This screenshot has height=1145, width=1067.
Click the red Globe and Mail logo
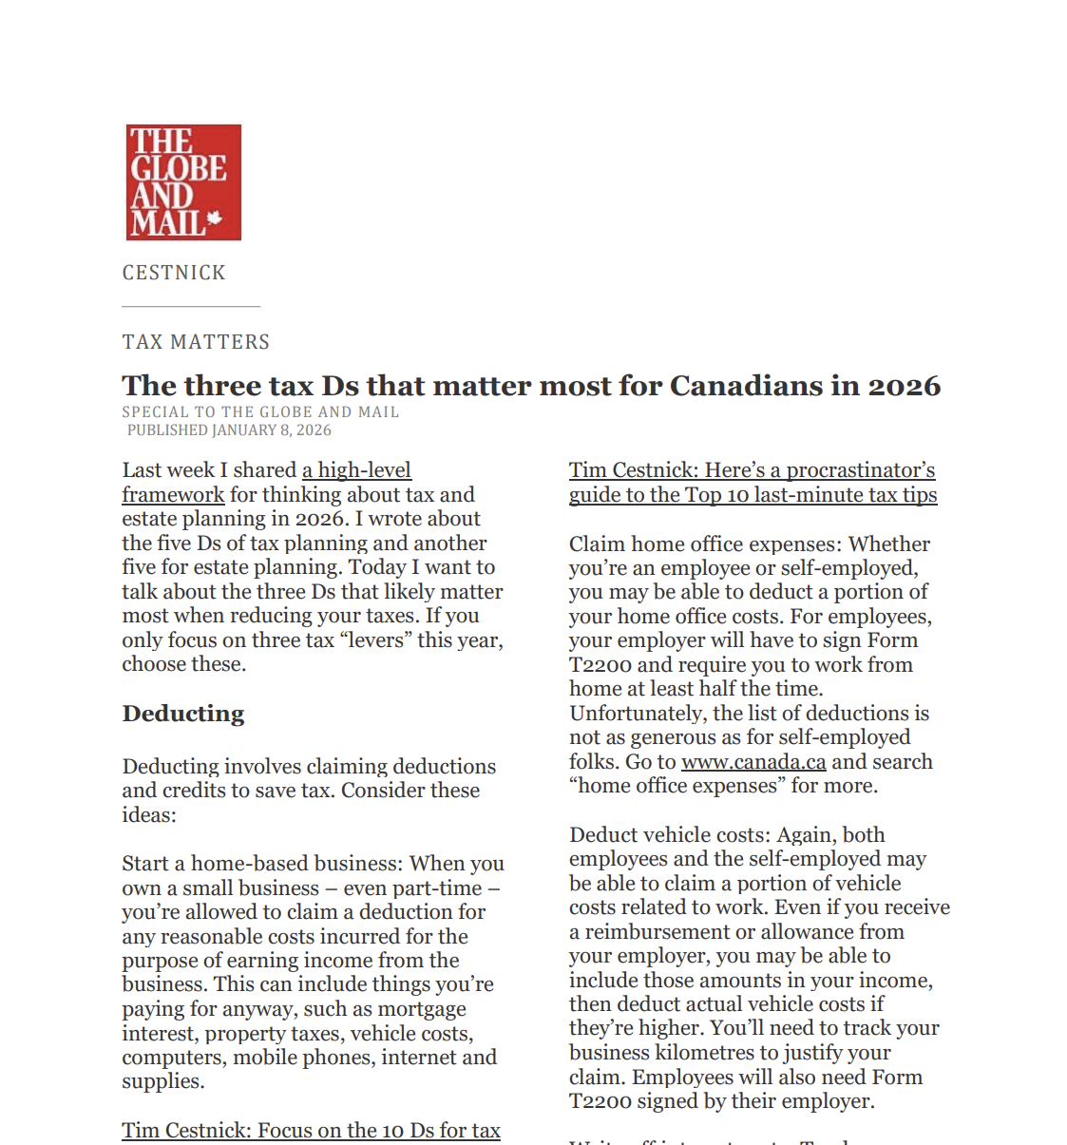point(183,181)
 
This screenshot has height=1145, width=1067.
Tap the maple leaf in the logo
point(215,219)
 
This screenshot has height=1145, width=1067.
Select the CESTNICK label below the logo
point(174,273)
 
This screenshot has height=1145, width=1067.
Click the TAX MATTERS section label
point(196,342)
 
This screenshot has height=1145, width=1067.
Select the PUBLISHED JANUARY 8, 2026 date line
point(229,430)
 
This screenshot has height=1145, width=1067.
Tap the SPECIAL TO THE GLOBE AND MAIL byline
point(260,412)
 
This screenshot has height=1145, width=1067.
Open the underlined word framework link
point(173,495)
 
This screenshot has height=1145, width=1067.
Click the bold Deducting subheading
point(183,714)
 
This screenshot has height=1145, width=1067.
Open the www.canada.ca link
point(753,762)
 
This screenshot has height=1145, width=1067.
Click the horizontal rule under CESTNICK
point(191,307)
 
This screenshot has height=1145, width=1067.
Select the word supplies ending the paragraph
point(161,1082)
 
